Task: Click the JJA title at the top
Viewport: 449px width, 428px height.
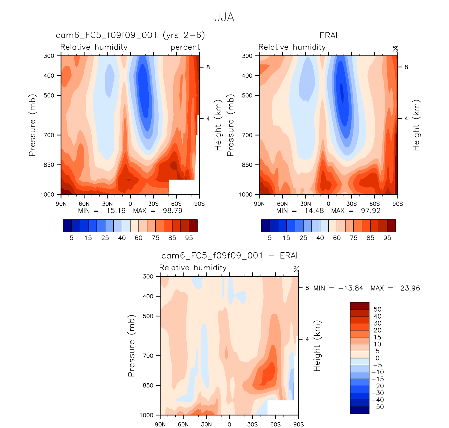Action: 224,17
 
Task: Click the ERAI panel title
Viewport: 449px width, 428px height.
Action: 329,36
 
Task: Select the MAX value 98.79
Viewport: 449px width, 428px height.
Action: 172,211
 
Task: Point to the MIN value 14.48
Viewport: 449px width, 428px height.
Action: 314,211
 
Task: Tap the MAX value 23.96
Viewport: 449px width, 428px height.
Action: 410,288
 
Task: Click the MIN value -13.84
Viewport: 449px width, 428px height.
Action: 351,288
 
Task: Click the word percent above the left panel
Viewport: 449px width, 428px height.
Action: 185,47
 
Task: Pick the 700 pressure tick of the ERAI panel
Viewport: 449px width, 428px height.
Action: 247,135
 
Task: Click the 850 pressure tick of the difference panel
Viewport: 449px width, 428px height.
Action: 148,385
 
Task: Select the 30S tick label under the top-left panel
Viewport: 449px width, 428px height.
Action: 153,204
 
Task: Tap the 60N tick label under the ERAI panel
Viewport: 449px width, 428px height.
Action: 282,204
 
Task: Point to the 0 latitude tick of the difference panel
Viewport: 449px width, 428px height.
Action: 229,424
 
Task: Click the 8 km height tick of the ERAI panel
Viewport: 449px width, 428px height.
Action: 406,67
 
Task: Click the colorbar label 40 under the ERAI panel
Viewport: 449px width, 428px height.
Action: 320,238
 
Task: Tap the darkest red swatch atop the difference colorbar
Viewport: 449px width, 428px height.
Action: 359,306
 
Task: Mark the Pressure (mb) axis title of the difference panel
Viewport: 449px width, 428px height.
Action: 131,346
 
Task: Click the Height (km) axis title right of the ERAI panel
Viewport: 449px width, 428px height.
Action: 416,125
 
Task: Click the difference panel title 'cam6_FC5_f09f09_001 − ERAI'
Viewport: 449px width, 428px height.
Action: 229,256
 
